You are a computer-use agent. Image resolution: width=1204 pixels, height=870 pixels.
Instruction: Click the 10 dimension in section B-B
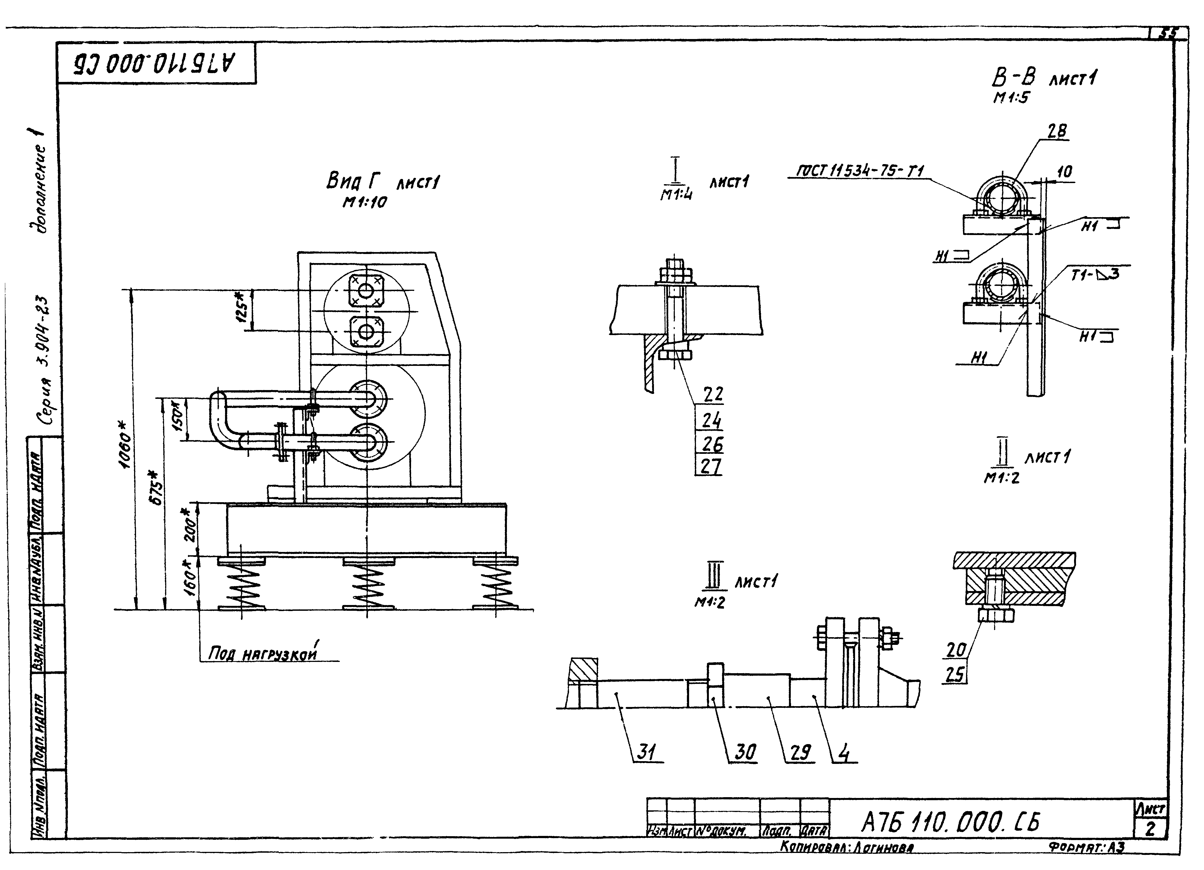1064,172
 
